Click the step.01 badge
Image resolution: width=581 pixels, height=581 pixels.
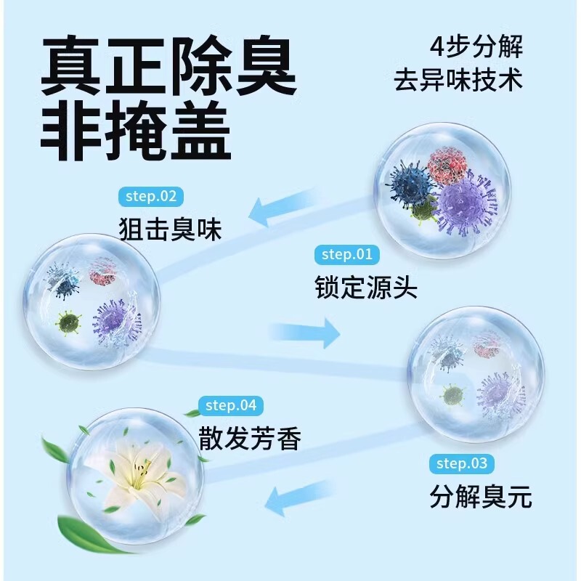click(x=346, y=254)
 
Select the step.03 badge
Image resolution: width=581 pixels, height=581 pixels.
click(x=462, y=463)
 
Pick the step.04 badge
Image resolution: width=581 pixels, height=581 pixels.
click(x=231, y=405)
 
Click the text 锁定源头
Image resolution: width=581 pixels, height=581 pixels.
click(x=366, y=288)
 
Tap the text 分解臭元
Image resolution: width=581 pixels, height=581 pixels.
click(x=481, y=497)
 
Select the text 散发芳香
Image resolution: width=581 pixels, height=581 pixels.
click(x=250, y=439)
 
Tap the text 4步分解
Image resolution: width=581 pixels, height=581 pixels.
click(x=476, y=47)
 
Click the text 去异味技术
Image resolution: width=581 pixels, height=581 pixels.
click(x=458, y=79)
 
